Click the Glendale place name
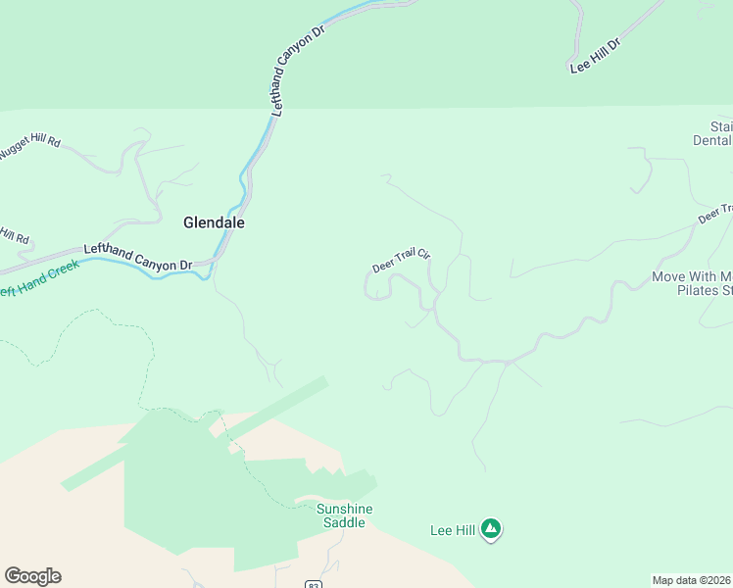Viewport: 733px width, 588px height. click(214, 222)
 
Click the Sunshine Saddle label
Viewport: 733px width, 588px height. click(345, 515)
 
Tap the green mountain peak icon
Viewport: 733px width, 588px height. click(491, 530)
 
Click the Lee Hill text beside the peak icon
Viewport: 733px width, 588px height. click(453, 531)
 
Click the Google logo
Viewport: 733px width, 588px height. click(32, 576)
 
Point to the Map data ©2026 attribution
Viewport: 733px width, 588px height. click(692, 580)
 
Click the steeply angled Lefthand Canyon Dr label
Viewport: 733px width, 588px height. click(297, 72)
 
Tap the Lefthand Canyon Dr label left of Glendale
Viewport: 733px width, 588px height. click(137, 258)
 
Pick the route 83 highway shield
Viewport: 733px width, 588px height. click(313, 584)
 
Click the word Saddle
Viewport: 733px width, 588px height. click(345, 523)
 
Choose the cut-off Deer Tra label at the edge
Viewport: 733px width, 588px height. click(715, 214)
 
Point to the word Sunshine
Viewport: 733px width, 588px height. click(345, 509)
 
